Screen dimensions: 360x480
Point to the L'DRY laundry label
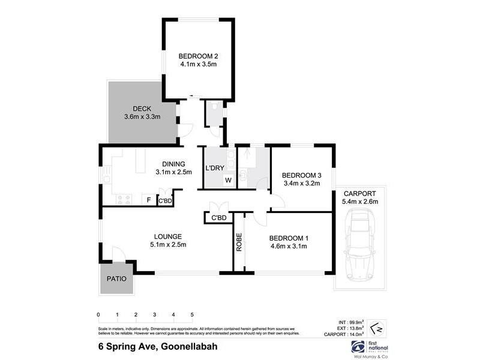[x=214, y=168]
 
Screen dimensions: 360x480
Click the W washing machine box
[x=228, y=180]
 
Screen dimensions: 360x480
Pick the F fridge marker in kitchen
[x=148, y=199]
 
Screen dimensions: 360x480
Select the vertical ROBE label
[x=239, y=242]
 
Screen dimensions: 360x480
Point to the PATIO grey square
[x=116, y=279]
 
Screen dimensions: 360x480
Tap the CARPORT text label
[x=360, y=194]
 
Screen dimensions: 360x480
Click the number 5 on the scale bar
[x=192, y=314]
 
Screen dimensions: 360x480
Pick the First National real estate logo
[x=372, y=348]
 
